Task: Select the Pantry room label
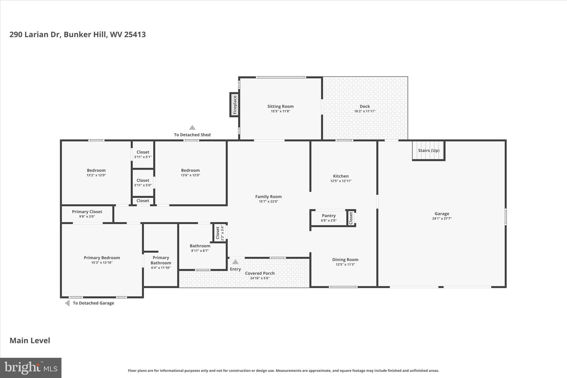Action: click(x=329, y=216)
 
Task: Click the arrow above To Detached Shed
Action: click(x=192, y=128)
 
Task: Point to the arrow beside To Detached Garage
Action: click(x=67, y=303)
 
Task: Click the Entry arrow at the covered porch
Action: click(x=235, y=262)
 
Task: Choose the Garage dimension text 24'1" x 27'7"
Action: click(x=442, y=218)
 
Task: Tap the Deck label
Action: click(x=365, y=106)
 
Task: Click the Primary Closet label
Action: click(x=87, y=212)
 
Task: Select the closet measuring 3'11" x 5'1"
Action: click(x=143, y=155)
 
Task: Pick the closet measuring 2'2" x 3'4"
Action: click(x=220, y=233)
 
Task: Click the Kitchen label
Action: click(x=341, y=176)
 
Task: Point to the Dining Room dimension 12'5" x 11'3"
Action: click(x=345, y=264)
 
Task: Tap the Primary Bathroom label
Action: click(x=161, y=260)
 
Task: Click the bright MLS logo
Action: click(x=31, y=368)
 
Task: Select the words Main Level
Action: click(x=30, y=341)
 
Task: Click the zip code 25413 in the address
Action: click(x=135, y=35)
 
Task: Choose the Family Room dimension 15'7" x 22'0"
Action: click(x=268, y=202)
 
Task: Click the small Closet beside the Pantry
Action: click(x=351, y=218)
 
